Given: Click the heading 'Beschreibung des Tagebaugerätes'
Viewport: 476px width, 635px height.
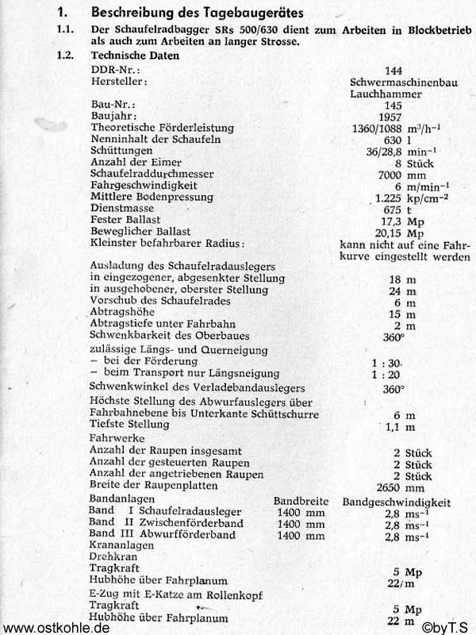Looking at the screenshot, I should tap(188, 12).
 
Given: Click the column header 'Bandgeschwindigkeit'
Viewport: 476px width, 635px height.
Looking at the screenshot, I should tap(397, 502).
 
